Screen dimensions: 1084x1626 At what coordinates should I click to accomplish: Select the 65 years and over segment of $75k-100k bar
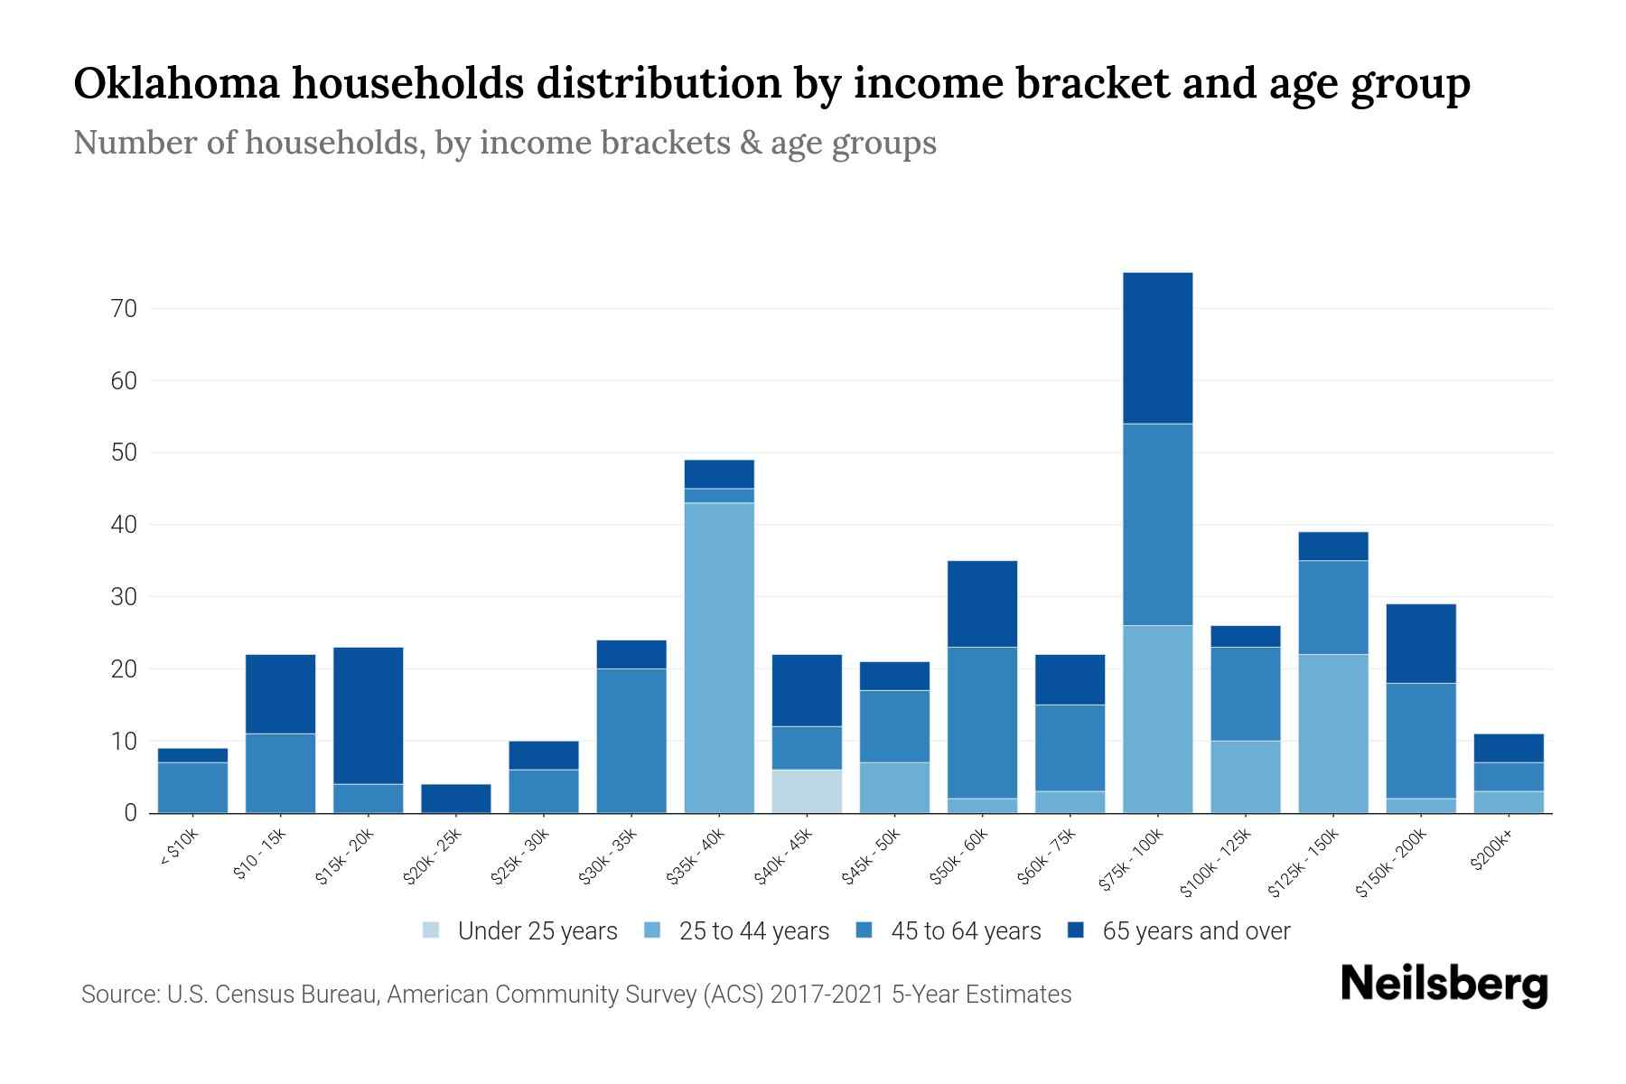[x=1157, y=348]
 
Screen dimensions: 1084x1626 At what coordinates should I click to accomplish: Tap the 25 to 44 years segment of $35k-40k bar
[x=719, y=657]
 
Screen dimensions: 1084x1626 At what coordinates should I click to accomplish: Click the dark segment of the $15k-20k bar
[x=368, y=715]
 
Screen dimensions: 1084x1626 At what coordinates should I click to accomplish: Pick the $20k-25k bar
[x=455, y=798]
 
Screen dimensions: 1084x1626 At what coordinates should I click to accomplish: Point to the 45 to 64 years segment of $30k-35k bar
[x=631, y=740]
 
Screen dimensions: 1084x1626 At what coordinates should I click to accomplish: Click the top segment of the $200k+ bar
[x=1509, y=748]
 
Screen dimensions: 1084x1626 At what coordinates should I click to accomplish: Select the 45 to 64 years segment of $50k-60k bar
[x=982, y=722]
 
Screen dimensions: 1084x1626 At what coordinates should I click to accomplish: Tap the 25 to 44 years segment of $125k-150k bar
[x=1332, y=733]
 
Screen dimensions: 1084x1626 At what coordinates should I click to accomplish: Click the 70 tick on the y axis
[x=125, y=309]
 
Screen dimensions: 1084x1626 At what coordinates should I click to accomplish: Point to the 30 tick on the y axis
[x=125, y=597]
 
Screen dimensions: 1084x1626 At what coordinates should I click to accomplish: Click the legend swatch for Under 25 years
[x=432, y=930]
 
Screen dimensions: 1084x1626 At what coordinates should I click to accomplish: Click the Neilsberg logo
[x=1444, y=986]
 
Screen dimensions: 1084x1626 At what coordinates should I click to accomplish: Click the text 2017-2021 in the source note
[x=827, y=995]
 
